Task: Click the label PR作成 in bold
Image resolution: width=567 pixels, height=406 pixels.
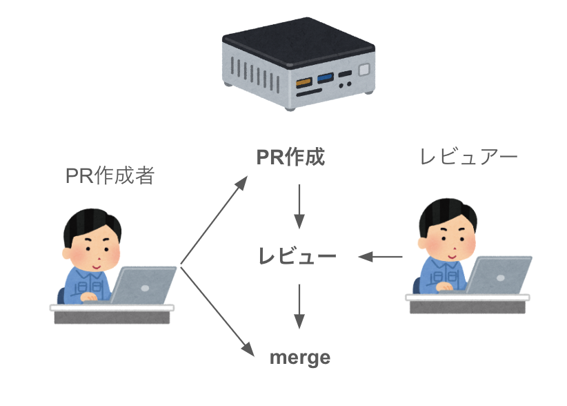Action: (290, 158)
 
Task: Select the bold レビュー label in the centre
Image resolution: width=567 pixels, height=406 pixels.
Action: (297, 257)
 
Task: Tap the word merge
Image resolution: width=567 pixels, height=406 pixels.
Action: (299, 358)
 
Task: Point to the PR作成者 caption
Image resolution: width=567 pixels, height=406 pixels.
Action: (110, 176)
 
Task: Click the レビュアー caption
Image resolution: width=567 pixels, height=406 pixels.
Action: (468, 157)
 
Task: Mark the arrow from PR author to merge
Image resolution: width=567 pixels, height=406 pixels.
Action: (214, 308)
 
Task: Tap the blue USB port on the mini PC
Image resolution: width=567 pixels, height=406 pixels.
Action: (325, 75)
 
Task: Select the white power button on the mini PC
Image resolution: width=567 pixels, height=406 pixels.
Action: (364, 69)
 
